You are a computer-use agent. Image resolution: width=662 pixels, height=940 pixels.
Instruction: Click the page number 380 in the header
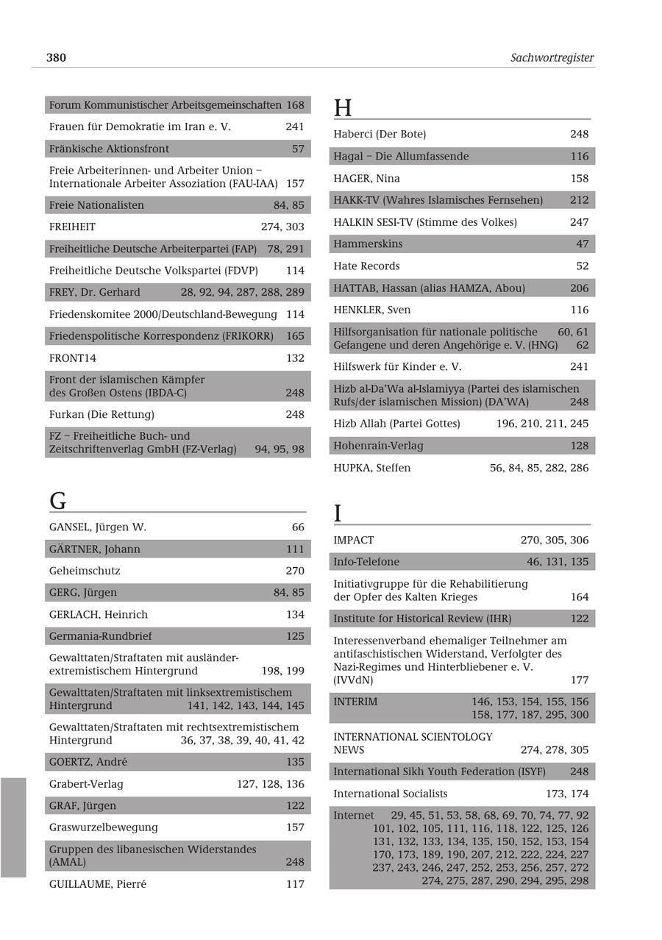point(56,57)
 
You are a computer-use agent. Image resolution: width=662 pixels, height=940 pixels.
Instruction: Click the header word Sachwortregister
point(552,57)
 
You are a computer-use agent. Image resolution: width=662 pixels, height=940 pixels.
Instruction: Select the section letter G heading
point(57,501)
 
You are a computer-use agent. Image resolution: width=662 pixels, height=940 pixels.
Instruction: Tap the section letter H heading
point(343,108)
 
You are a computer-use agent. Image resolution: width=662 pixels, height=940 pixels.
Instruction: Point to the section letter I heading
point(338,513)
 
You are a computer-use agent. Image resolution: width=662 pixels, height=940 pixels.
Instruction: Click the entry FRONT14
point(73,358)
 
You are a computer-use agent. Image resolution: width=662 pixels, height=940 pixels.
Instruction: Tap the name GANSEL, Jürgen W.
point(98,527)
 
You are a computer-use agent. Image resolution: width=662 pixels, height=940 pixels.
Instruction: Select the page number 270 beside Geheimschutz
point(294,571)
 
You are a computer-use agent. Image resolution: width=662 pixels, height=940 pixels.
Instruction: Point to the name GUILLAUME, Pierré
point(98,884)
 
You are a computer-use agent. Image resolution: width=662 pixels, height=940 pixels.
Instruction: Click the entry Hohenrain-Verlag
point(378,446)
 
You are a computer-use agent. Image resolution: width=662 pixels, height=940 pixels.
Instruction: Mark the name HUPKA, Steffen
point(372,468)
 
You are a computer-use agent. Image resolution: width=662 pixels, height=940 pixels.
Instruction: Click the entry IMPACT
point(354,540)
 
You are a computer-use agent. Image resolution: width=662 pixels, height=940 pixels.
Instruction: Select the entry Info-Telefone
point(366,562)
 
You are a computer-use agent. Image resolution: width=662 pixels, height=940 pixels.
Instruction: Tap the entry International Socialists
point(390,794)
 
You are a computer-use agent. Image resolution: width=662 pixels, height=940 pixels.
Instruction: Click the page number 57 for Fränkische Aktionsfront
point(297,149)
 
